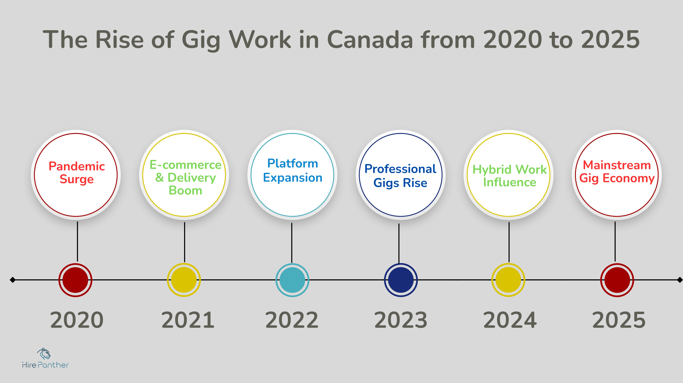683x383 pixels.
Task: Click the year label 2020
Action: (77, 320)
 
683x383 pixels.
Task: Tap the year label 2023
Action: (401, 320)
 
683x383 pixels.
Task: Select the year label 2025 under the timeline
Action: (619, 320)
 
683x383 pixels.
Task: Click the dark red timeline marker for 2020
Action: (75, 280)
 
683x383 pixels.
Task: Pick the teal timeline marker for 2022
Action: (292, 280)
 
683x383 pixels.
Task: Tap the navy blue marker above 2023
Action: (401, 280)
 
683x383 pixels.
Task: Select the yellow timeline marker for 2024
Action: (508, 280)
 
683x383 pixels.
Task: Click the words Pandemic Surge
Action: (77, 173)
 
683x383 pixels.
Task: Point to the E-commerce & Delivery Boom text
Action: (185, 177)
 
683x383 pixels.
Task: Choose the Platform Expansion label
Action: (292, 171)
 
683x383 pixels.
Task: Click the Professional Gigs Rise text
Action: (400, 176)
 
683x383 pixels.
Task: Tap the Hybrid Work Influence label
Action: (509, 176)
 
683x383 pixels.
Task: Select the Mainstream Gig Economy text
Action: (617, 172)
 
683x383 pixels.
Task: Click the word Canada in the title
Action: (370, 40)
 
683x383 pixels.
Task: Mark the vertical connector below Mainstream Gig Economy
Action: (615, 242)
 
